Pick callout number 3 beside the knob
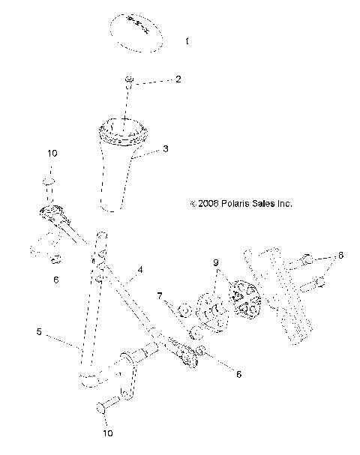pyautogui.click(x=166, y=149)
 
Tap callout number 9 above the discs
pyautogui.click(x=216, y=263)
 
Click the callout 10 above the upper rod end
pyautogui.click(x=52, y=153)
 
